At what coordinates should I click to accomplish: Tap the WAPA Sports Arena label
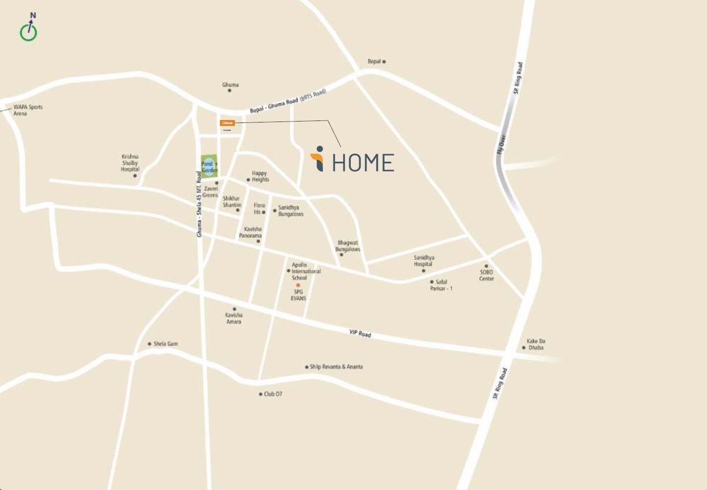click(28, 110)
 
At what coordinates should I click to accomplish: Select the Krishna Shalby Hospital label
click(130, 163)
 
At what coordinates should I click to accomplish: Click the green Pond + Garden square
click(209, 164)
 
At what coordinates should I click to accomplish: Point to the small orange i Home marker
click(227, 123)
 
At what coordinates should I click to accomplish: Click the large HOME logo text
click(363, 163)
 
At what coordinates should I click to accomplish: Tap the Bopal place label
click(374, 61)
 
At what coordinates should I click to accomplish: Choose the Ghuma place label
click(230, 85)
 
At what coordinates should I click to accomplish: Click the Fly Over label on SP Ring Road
click(501, 144)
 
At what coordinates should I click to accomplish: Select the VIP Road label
click(360, 333)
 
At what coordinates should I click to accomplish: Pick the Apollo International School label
click(305, 271)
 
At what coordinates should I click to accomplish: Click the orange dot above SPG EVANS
click(298, 285)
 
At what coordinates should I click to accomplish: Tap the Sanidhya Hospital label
click(424, 261)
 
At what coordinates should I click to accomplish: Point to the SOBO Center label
click(486, 275)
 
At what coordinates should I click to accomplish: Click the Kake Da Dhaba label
click(536, 344)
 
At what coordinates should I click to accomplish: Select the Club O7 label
click(272, 394)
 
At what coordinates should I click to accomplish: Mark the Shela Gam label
click(165, 344)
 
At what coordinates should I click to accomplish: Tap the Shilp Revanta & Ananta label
click(336, 367)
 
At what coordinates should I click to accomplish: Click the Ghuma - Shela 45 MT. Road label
click(200, 204)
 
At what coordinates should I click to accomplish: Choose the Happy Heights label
click(260, 177)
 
